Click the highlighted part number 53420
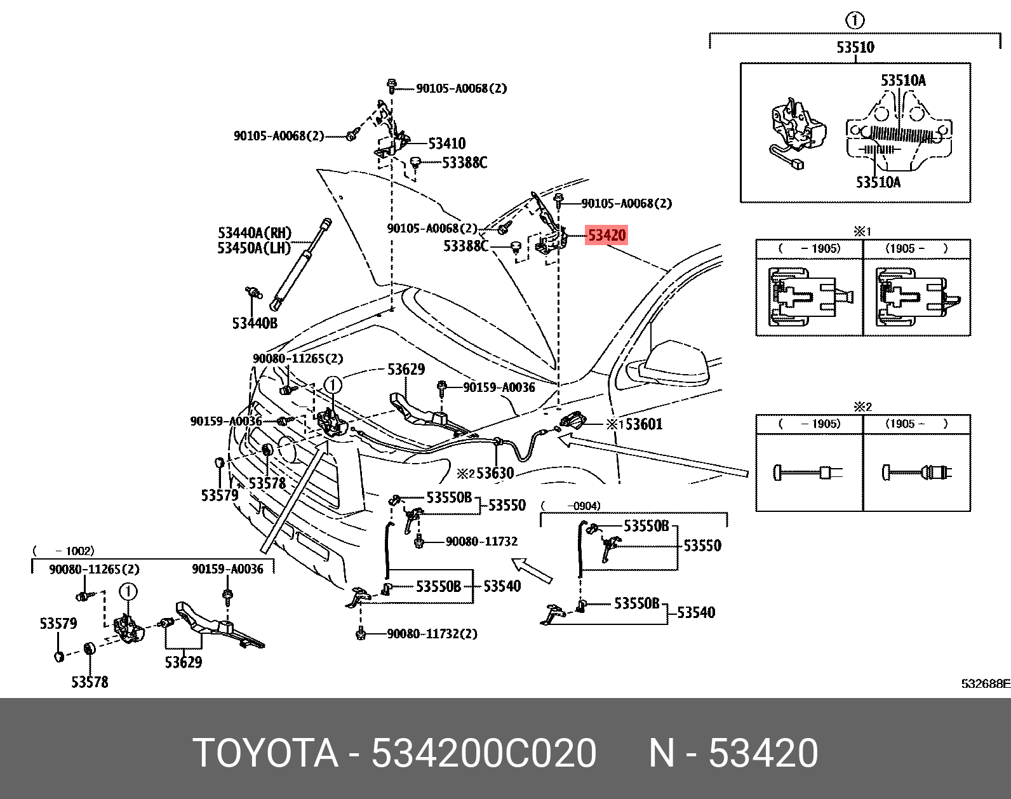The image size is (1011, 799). pos(606,236)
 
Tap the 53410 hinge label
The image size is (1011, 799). pos(446,144)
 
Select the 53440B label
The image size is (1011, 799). pos(255,323)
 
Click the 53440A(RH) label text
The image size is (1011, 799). pos(254,233)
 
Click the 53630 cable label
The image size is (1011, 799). pos(494,473)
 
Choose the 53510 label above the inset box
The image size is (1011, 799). pos(855,48)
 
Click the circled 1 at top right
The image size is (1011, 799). pos(855,21)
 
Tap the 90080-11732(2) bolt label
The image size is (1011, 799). pos(432,634)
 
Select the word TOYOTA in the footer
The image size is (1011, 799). pos(265,753)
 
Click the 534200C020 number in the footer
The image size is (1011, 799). pos(483,753)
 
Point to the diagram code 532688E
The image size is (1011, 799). pos(985,684)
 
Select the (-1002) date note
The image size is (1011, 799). pos(63,551)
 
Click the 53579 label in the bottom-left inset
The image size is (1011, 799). pos(58,624)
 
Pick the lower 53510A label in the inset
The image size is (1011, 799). pos(878,183)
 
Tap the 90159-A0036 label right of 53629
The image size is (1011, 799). pos(499,387)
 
